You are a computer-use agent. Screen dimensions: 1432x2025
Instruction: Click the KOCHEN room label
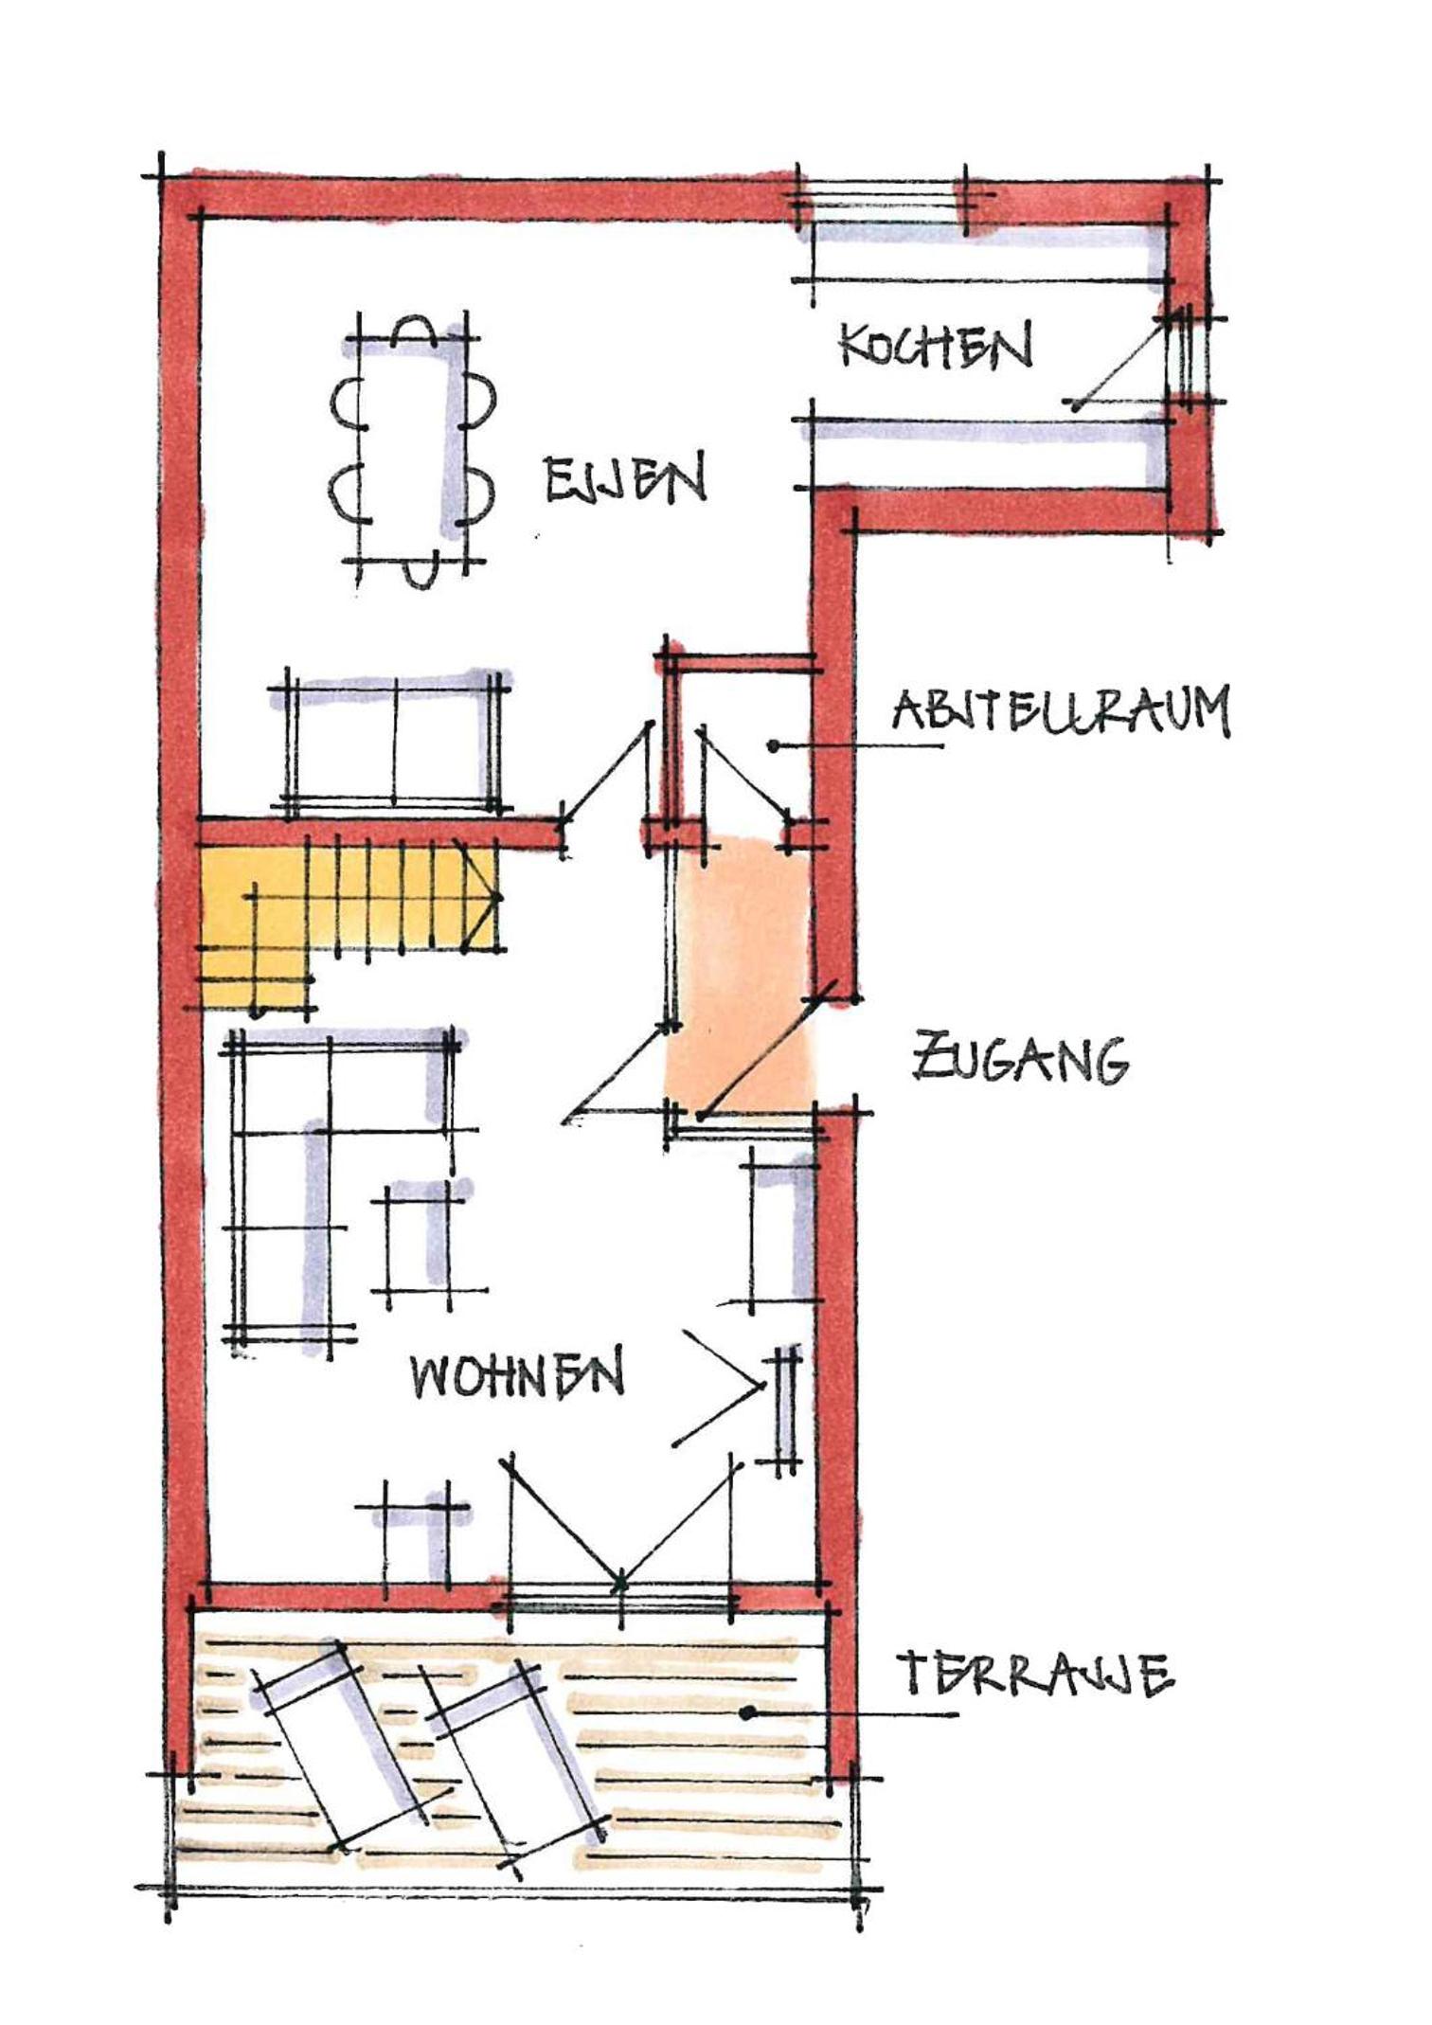[x=936, y=348]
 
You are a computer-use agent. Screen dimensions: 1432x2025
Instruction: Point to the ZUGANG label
[x=1020, y=1060]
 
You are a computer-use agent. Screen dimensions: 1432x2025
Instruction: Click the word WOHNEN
[x=518, y=1374]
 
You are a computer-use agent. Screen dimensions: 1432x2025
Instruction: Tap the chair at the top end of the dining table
[x=414, y=330]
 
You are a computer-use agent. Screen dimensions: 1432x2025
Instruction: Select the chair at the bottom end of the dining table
[x=418, y=573]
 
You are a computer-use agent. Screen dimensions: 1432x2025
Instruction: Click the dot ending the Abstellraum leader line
[x=774, y=746]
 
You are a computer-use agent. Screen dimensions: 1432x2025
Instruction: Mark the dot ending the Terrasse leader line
[x=748, y=1712]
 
